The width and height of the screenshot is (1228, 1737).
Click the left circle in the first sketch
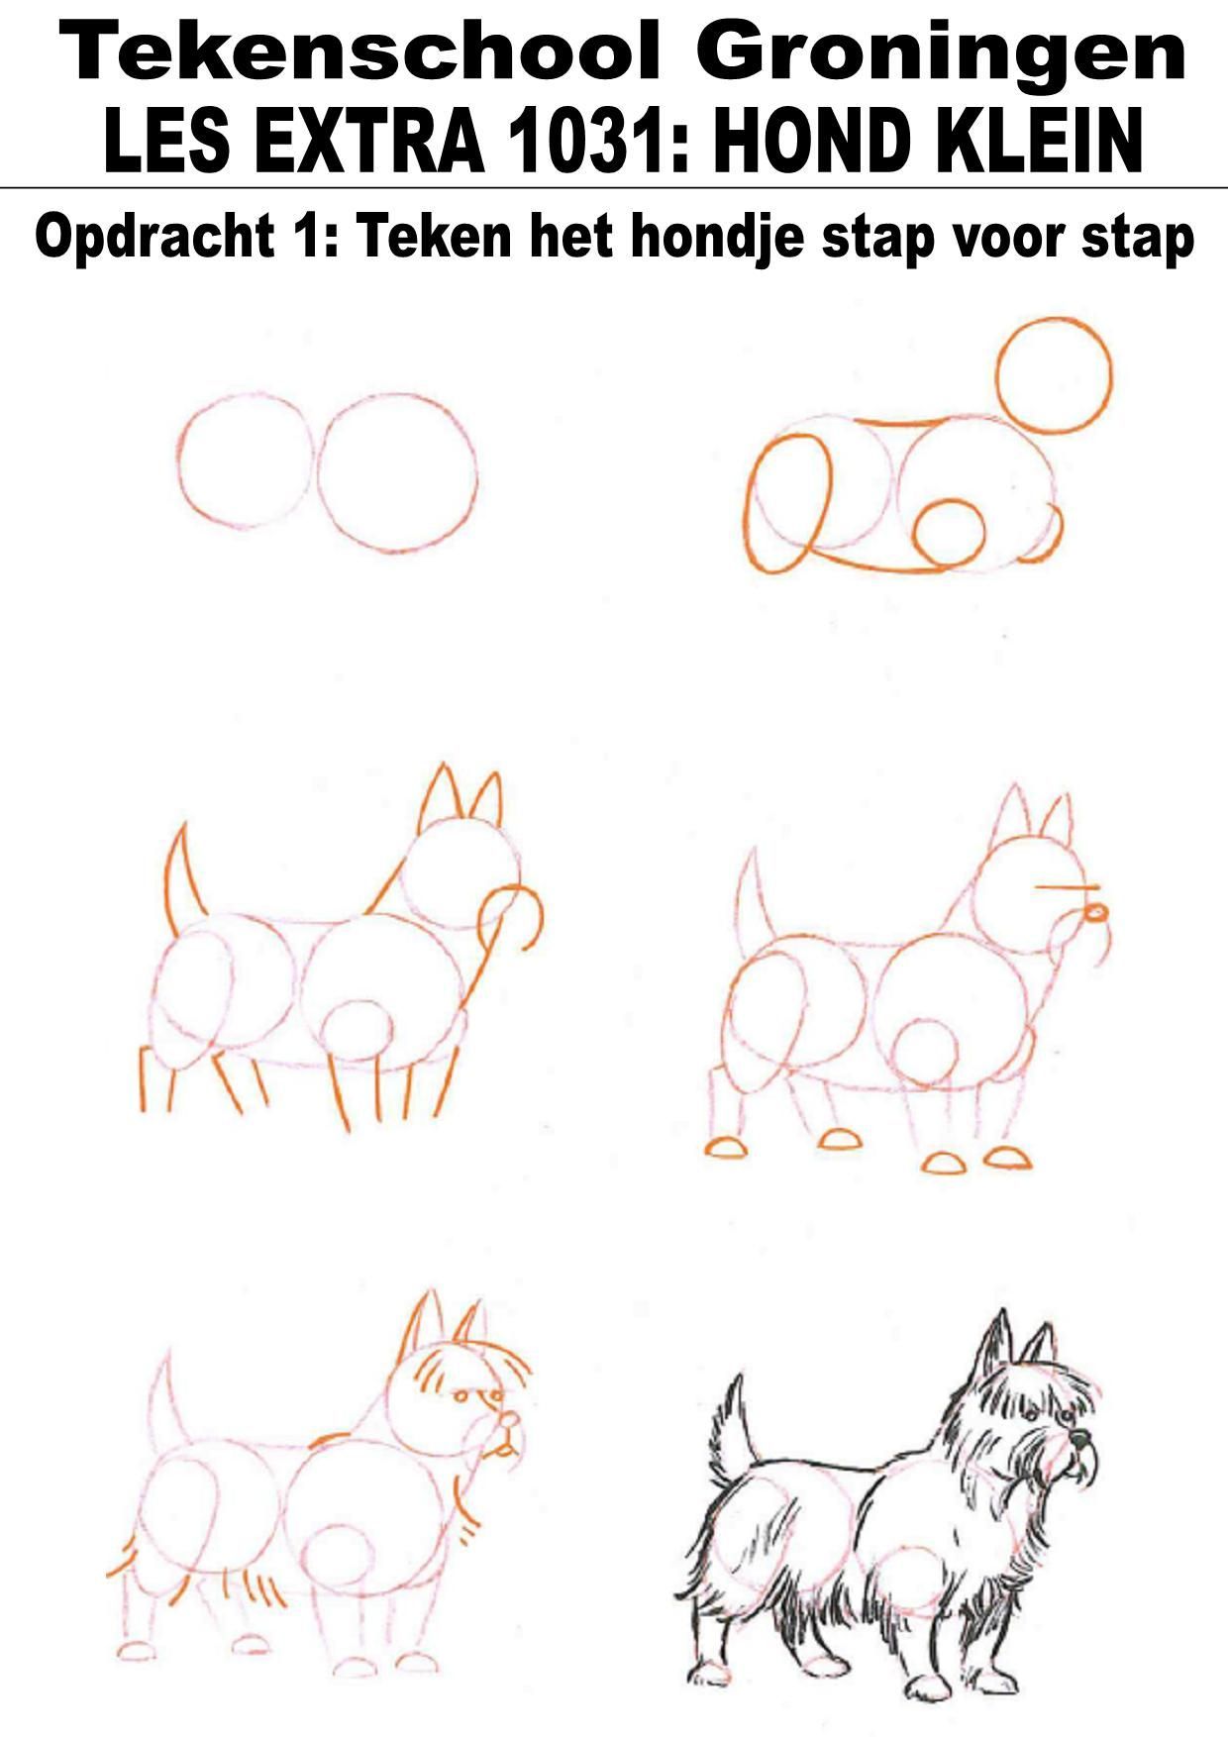(x=181, y=459)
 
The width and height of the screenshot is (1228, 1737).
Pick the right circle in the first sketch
(x=320, y=473)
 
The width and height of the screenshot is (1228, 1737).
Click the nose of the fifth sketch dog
(x=509, y=1419)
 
